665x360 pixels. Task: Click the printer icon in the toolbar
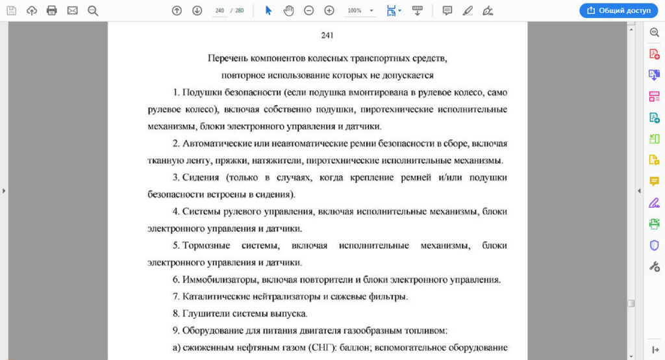(x=52, y=10)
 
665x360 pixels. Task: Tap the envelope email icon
(x=72, y=10)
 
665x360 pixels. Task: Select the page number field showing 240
(x=220, y=10)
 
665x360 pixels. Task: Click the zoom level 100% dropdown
(x=361, y=10)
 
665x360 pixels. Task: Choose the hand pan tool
(x=289, y=10)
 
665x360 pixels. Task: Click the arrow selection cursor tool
(x=269, y=10)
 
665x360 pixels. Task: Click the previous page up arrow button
(x=177, y=10)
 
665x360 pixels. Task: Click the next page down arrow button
(x=197, y=10)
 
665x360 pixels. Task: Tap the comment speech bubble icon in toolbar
(x=447, y=10)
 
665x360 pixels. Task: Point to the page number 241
(x=327, y=35)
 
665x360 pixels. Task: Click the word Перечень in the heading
(x=226, y=58)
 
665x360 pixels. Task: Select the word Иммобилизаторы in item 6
(x=221, y=280)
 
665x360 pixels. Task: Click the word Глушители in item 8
(x=203, y=314)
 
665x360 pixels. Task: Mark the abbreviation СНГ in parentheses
(x=320, y=348)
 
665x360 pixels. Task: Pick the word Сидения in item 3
(x=201, y=177)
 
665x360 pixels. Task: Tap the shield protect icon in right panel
(x=654, y=245)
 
